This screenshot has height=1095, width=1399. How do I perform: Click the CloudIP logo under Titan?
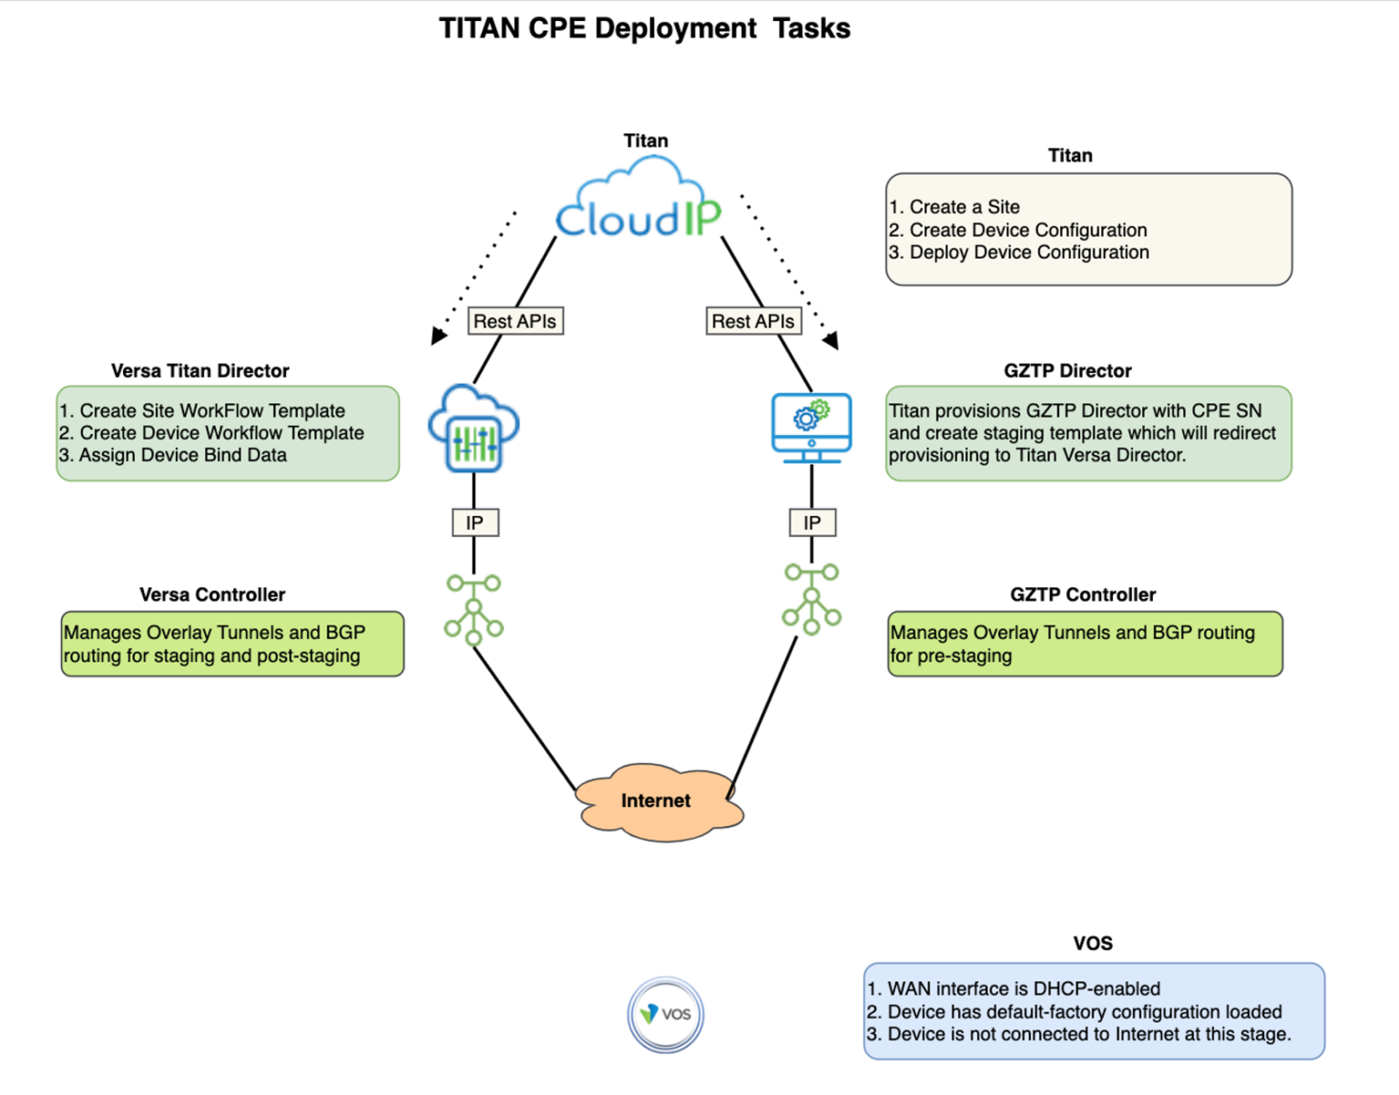(x=638, y=201)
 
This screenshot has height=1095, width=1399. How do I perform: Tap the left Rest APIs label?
(x=516, y=321)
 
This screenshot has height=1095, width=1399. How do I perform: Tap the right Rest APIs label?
(x=753, y=321)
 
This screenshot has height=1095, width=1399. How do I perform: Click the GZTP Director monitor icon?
(x=811, y=427)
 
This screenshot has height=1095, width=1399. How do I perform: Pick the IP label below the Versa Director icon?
(x=475, y=522)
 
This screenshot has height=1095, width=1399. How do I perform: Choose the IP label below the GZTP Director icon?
(x=812, y=522)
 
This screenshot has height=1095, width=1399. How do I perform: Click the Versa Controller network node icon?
(x=474, y=609)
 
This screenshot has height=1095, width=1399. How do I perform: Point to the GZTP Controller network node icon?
(x=812, y=598)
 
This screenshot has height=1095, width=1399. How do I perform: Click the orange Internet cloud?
(x=659, y=802)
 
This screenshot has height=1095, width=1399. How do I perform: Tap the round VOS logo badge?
(x=666, y=1014)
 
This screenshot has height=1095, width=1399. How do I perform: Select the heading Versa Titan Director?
(x=200, y=370)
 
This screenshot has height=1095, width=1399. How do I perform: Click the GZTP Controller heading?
(x=1082, y=594)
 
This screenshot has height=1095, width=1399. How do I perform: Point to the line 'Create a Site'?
(x=964, y=207)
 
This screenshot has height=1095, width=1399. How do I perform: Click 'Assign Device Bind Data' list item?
(x=182, y=455)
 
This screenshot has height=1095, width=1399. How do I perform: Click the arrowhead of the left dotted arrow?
(x=439, y=336)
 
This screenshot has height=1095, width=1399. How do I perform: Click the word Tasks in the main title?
(x=812, y=29)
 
